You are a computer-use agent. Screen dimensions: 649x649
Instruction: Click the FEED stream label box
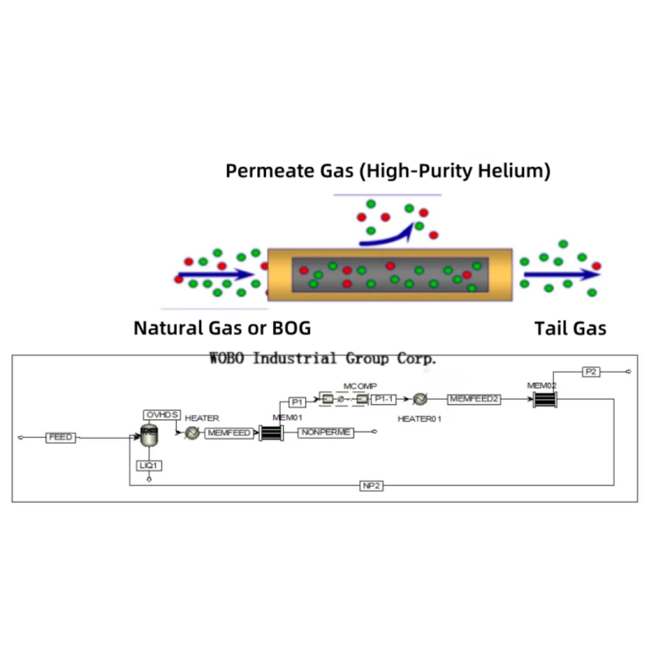point(60,437)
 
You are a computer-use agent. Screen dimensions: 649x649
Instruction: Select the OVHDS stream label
point(161,415)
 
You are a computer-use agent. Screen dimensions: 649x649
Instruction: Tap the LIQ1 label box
point(149,466)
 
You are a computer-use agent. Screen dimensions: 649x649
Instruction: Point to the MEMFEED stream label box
point(228,433)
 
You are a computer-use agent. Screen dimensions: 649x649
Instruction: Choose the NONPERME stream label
point(325,433)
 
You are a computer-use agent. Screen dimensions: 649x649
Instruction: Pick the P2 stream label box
point(591,372)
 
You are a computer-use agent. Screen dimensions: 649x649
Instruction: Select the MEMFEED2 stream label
point(475,399)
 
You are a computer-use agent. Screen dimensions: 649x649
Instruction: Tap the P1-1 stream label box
point(384,400)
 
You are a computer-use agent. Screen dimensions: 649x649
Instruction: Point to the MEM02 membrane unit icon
point(544,400)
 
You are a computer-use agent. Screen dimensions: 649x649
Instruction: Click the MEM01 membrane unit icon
point(270,434)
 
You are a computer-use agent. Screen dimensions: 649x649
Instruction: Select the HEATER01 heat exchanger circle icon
point(420,400)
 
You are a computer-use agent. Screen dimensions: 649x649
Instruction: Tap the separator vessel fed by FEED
point(149,436)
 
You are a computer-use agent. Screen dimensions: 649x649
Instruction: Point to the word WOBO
point(227,358)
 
